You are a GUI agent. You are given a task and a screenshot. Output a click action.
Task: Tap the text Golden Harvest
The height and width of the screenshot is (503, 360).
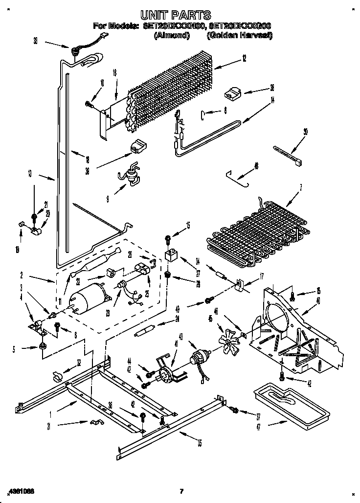click(x=239, y=36)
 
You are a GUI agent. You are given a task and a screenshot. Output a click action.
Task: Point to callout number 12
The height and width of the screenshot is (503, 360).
click(x=244, y=58)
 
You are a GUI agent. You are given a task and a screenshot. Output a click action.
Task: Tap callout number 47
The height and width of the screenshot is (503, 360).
click(x=258, y=426)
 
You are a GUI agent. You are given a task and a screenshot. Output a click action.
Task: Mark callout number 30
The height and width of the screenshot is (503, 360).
click(x=306, y=131)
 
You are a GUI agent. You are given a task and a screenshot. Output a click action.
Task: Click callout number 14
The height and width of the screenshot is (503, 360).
click(x=272, y=101)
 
